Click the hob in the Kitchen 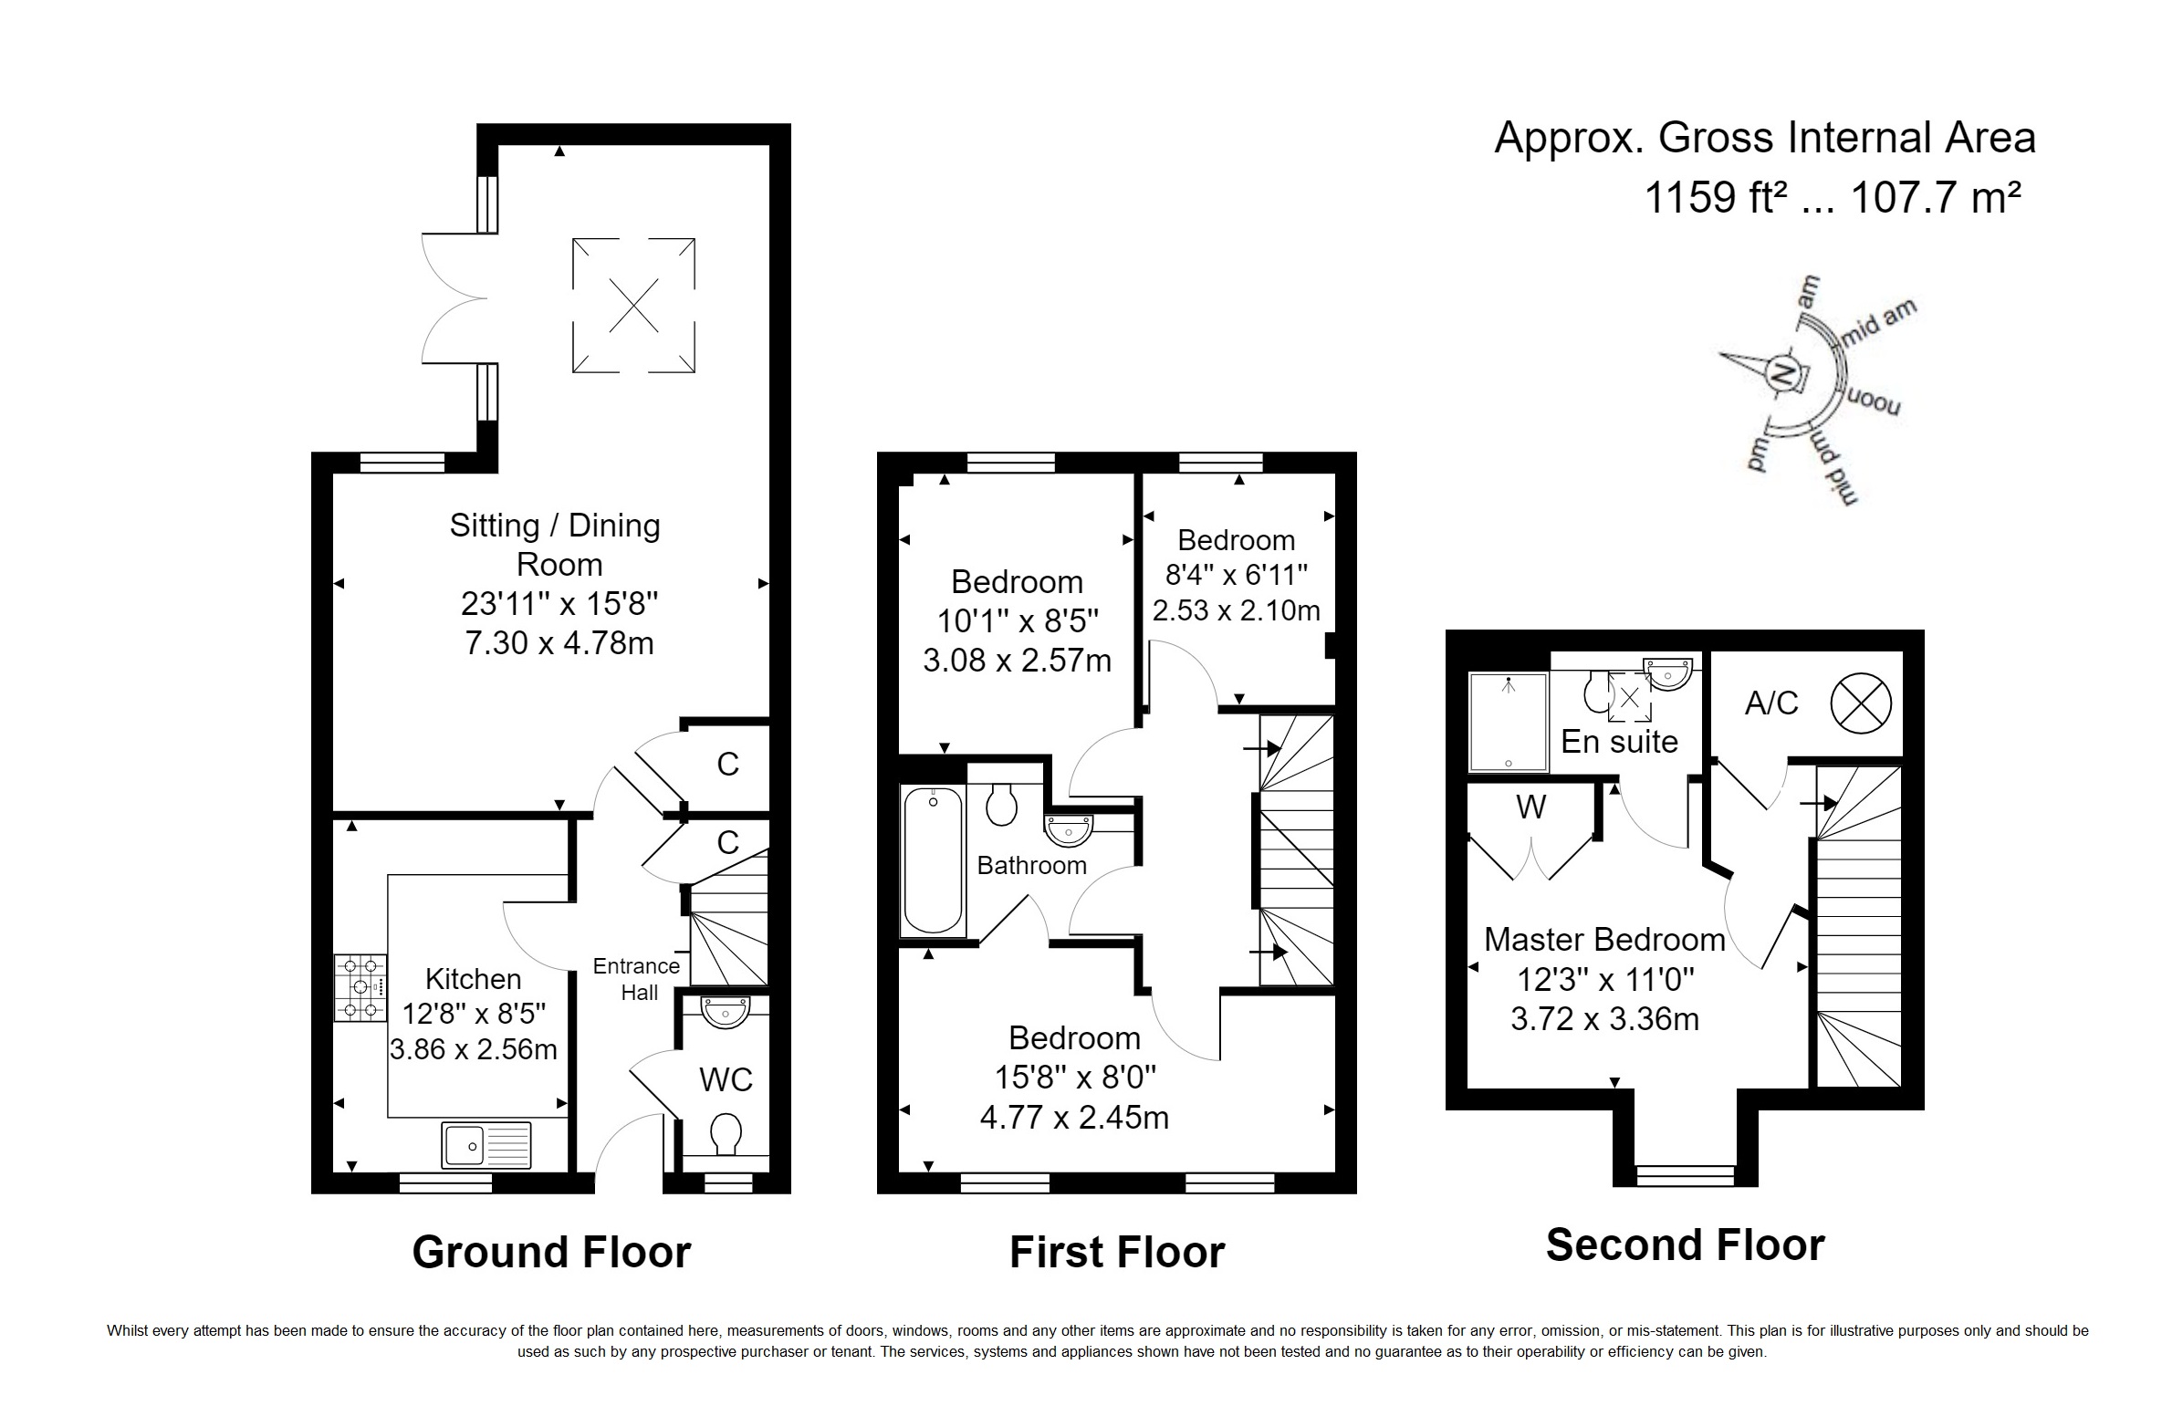pyautogui.click(x=360, y=988)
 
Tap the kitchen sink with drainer pyautogui.click(x=486, y=1145)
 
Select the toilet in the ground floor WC pyautogui.click(x=726, y=1133)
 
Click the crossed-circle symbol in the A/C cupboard pyautogui.click(x=1861, y=703)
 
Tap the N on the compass pyautogui.click(x=1783, y=372)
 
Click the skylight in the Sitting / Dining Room pyautogui.click(x=633, y=306)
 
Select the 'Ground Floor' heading pyautogui.click(x=551, y=1252)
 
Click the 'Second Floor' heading pyautogui.click(x=1685, y=1245)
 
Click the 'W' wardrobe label pyautogui.click(x=1530, y=807)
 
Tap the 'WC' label pyautogui.click(x=726, y=1080)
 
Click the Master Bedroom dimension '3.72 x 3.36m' pyautogui.click(x=1605, y=1019)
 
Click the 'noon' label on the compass pyautogui.click(x=1872, y=401)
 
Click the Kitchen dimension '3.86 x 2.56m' pyautogui.click(x=474, y=1048)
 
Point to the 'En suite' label pyautogui.click(x=1620, y=741)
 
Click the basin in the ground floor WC pyautogui.click(x=726, y=1012)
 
